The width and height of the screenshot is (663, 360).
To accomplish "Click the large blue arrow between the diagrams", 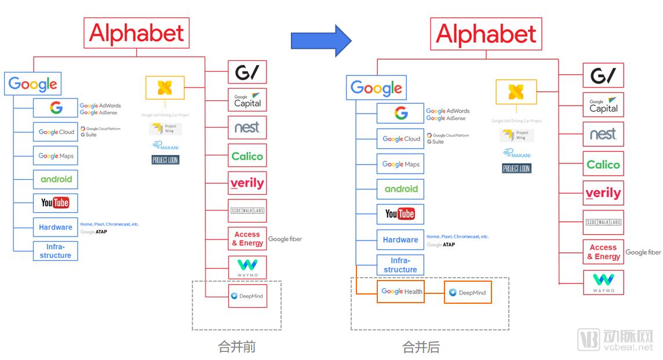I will coord(320,40).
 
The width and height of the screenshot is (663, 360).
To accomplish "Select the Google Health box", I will coord(402,292).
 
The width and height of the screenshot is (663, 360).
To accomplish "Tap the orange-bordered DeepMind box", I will coord(468,292).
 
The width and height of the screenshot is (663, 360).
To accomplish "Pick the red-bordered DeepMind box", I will coord(247,296).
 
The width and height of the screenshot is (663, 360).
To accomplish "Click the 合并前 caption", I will coord(236,347).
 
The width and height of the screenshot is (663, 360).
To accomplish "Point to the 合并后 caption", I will coord(421,347).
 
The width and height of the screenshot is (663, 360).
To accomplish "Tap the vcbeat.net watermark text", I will coord(629,347).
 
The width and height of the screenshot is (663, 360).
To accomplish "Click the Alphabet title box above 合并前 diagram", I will coord(137,34).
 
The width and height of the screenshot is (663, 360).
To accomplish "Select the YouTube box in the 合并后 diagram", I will coord(400,214).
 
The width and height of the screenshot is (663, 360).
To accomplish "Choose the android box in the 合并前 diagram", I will coord(56,179).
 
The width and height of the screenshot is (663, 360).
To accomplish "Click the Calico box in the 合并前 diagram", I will coord(247,156).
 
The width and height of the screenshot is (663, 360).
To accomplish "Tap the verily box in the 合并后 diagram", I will coord(603,193).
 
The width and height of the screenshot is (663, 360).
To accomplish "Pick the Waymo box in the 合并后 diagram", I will coord(603,282).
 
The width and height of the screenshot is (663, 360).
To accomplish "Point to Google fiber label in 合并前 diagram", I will coord(285,239).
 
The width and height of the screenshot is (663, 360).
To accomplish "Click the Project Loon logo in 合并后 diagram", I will coord(516,169).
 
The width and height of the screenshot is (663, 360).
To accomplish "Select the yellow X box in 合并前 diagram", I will coord(165,88).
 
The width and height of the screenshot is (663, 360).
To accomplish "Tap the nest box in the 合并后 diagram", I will coord(603,134).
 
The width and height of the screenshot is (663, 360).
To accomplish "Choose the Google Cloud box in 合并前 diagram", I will coord(56,132).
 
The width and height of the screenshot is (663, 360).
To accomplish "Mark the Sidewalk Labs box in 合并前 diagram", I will coord(247,210).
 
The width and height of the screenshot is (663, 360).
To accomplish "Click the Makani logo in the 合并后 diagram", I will coord(516,153).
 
